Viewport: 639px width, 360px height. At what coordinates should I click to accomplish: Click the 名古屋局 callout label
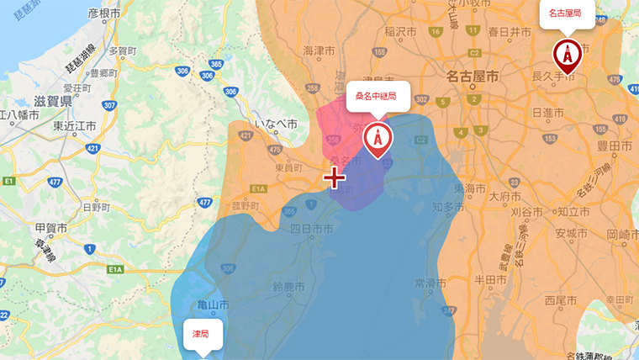click(565, 13)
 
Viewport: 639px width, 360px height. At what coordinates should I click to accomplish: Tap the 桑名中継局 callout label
click(376, 96)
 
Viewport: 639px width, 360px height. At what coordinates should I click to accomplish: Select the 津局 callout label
click(202, 334)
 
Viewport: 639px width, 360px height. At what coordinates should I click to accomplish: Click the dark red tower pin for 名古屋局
click(568, 55)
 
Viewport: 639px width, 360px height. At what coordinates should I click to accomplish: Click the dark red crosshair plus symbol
click(335, 177)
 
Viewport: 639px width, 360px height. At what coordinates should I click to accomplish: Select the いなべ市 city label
click(276, 124)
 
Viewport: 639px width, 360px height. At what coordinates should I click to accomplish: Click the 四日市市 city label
click(312, 229)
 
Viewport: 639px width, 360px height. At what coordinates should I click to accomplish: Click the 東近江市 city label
click(76, 126)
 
